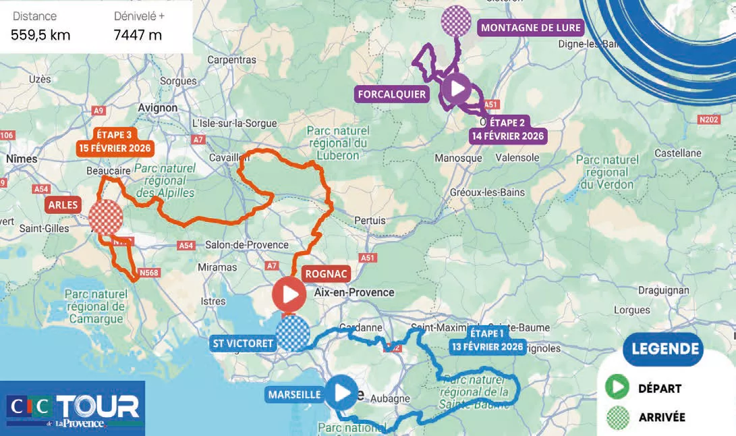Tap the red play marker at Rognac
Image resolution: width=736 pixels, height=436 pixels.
click(289, 295)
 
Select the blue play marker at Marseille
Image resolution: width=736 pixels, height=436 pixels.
click(341, 392)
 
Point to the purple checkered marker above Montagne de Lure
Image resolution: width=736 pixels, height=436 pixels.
click(456, 21)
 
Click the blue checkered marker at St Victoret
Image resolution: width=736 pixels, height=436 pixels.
click(293, 334)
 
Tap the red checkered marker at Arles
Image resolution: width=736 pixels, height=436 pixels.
click(106, 217)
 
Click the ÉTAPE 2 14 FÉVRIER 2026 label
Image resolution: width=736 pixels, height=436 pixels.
click(507, 129)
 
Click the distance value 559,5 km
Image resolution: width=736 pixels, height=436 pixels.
click(41, 35)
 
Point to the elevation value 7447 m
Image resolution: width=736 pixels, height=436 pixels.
click(138, 35)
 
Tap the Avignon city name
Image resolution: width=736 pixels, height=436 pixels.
click(157, 108)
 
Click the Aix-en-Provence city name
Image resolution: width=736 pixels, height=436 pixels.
click(354, 292)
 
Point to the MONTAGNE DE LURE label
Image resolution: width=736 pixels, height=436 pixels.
click(530, 28)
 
